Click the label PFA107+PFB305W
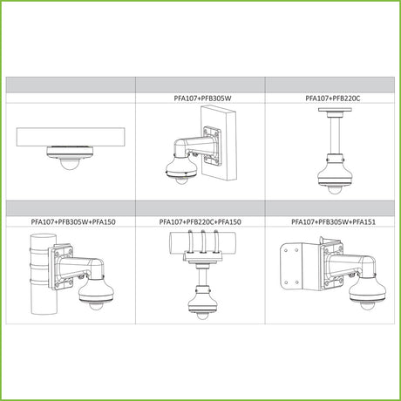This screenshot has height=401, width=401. tap(202, 99)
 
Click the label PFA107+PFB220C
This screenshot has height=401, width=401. tap(332, 99)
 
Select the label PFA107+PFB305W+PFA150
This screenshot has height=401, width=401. tap(73, 221)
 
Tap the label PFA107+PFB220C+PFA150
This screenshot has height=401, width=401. tap(200, 221)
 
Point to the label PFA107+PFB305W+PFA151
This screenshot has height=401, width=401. tap(333, 221)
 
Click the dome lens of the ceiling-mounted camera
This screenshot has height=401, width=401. tap(69, 164)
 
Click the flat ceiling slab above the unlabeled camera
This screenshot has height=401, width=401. tap(71, 137)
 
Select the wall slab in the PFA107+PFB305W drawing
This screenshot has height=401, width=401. tap(219, 142)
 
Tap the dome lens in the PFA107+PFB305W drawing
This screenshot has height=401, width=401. tap(181, 180)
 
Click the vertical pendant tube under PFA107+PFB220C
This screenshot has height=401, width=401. tap(335, 136)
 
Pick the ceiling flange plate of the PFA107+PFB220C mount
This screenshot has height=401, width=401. tap(335, 110)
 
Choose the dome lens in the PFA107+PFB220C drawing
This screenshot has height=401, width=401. tap(335, 189)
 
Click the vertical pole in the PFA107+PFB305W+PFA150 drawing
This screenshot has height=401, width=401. tap(43, 275)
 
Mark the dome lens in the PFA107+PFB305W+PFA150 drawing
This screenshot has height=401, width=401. tap(95, 306)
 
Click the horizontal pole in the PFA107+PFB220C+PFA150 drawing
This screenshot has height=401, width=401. tap(202, 241)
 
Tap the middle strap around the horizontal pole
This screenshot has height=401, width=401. tap(203, 241)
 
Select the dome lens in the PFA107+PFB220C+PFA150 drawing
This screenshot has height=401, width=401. tap(201, 316)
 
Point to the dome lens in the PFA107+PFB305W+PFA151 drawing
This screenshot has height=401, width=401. tap(367, 306)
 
